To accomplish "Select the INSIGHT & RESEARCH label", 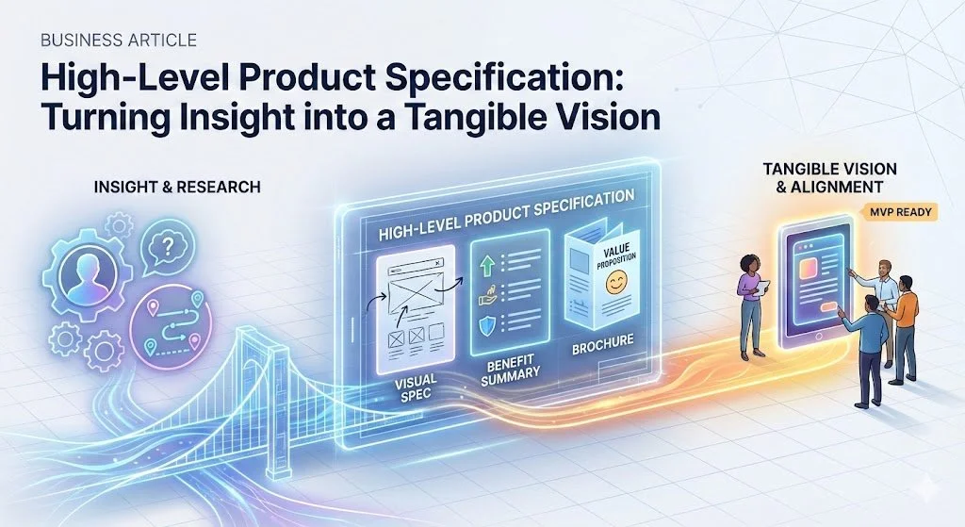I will click(x=177, y=188).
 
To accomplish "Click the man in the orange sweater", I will click(x=904, y=321).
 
